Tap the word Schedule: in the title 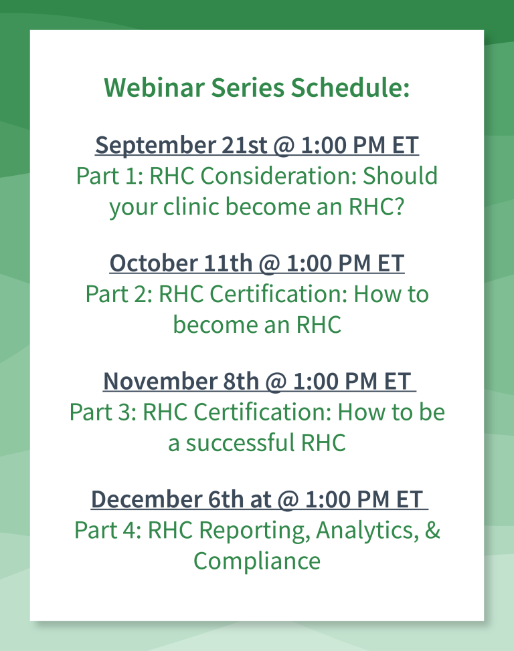(x=350, y=88)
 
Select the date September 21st (x=181, y=146)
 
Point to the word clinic (x=191, y=207)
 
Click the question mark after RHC (x=399, y=207)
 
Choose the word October (x=153, y=263)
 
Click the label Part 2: (x=119, y=294)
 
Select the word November (x=160, y=381)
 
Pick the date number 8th (x=241, y=381)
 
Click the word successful (x=240, y=442)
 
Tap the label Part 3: (x=102, y=412)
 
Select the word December (x=147, y=499)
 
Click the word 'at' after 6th (x=260, y=500)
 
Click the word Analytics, (x=367, y=530)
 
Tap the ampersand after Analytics (x=432, y=530)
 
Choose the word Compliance (x=257, y=561)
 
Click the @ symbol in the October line (x=270, y=264)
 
